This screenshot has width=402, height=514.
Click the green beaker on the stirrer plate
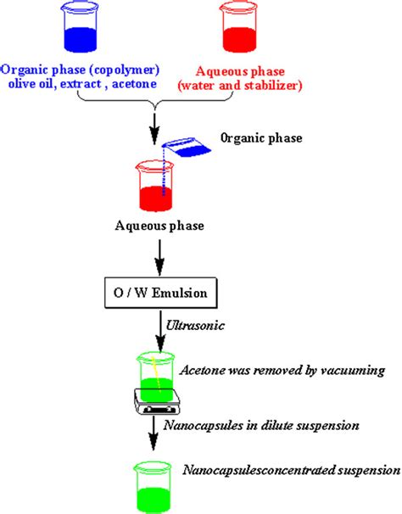(157, 377)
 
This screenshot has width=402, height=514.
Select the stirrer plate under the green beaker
(158, 405)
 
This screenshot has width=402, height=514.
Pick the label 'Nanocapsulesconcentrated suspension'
(292, 469)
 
